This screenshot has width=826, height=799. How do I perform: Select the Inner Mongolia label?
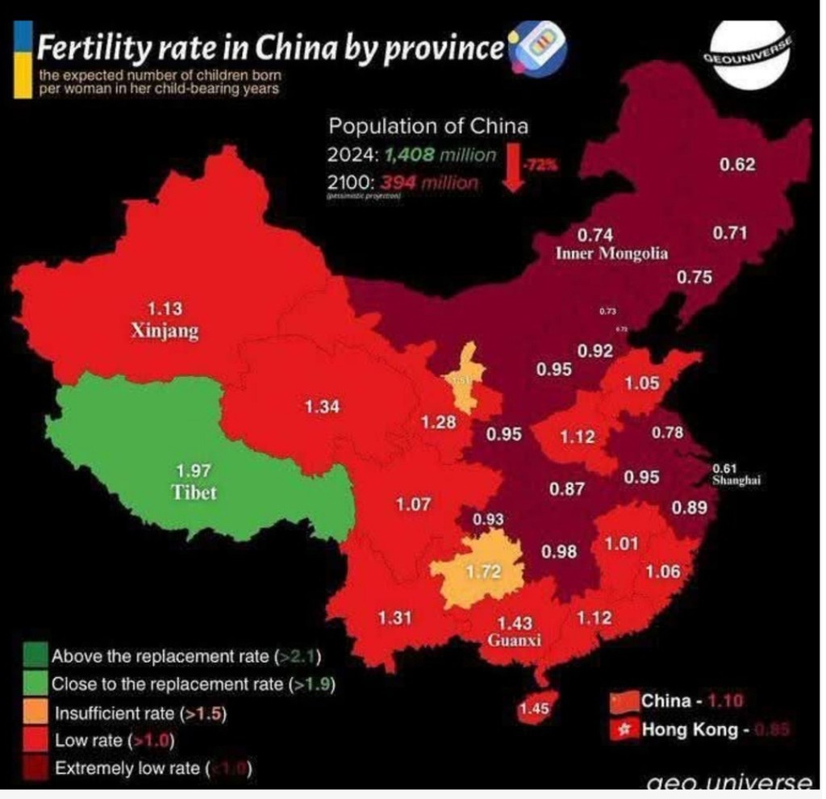[611, 253]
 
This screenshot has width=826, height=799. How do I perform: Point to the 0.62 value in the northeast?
[737, 165]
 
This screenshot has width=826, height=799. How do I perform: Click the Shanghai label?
[737, 480]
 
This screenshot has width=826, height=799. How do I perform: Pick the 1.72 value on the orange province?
[485, 572]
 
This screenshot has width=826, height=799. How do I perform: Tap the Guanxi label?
[515, 641]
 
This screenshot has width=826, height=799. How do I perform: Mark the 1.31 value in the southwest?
[395, 618]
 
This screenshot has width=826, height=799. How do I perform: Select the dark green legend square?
[35, 655]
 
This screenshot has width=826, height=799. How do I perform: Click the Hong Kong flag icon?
[623, 730]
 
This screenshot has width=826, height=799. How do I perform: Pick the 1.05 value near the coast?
[642, 384]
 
